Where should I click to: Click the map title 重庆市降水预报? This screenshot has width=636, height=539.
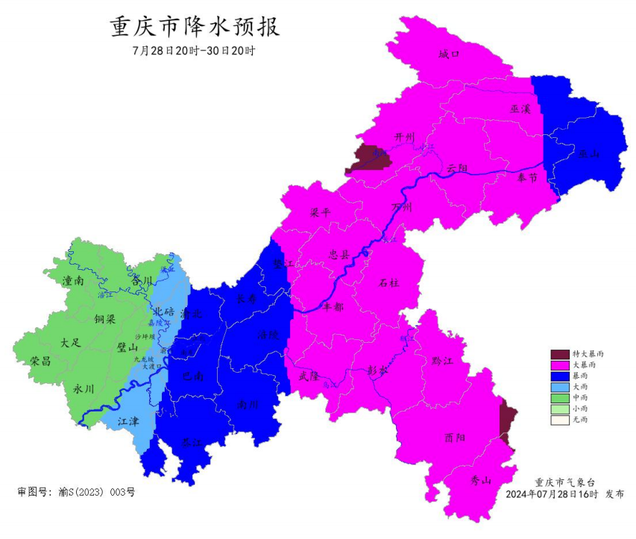(x=195, y=28)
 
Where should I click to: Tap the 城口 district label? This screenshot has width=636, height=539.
(x=450, y=54)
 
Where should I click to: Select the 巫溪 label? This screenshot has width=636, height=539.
(x=520, y=109)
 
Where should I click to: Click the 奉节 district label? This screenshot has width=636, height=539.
(x=526, y=177)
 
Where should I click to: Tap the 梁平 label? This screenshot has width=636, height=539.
(x=320, y=212)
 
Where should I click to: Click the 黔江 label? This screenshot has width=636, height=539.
(x=442, y=360)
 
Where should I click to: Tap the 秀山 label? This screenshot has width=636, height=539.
(x=482, y=481)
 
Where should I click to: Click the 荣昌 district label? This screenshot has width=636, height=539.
(x=41, y=361)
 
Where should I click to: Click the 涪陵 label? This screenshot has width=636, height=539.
(x=268, y=335)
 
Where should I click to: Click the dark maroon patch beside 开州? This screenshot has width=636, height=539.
(x=368, y=158)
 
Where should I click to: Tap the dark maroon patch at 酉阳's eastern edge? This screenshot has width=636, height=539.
(x=508, y=422)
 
